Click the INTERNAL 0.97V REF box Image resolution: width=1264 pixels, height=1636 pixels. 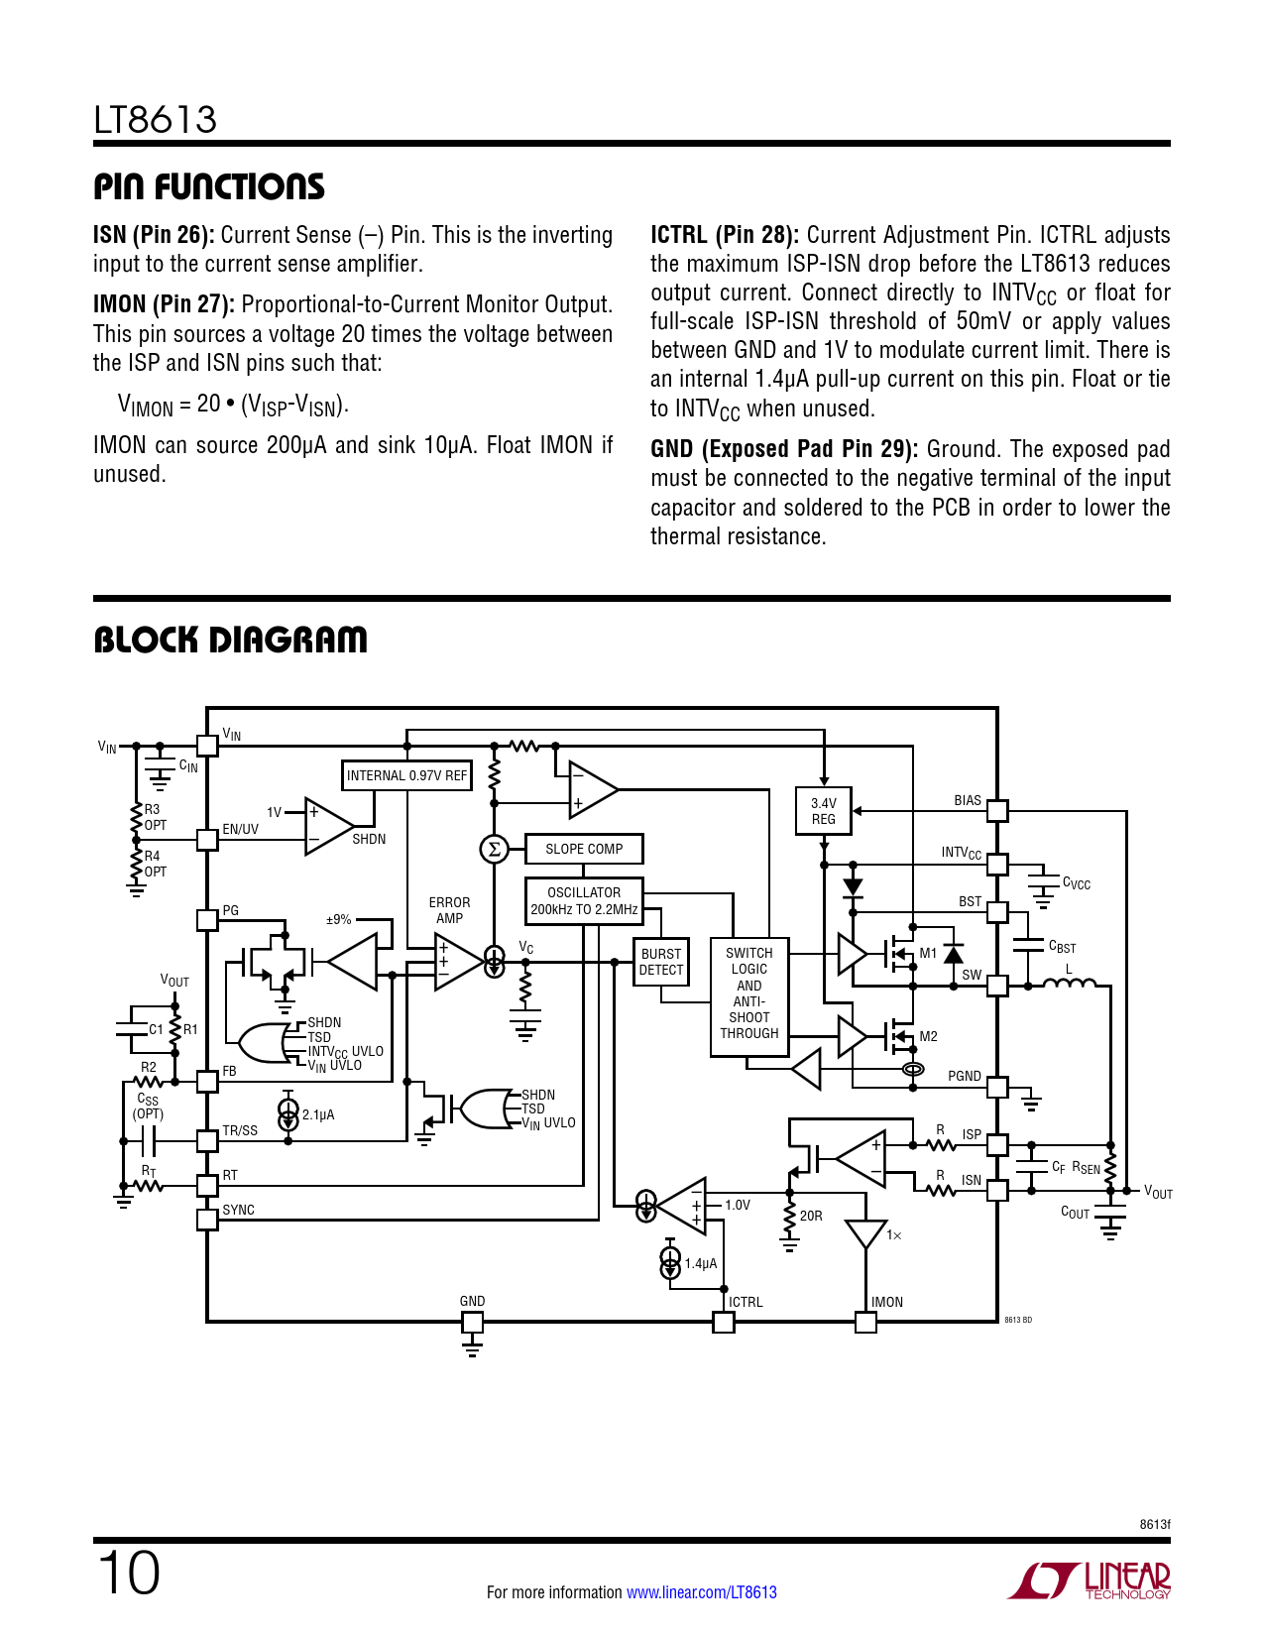(x=406, y=775)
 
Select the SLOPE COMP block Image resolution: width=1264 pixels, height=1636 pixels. (x=584, y=849)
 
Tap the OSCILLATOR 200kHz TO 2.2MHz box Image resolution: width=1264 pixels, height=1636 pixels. (x=584, y=900)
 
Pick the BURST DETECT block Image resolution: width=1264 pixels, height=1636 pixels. (x=661, y=962)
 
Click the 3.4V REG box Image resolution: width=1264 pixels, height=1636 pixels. (x=824, y=811)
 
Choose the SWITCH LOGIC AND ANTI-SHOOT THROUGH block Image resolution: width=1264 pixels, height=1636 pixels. (x=749, y=993)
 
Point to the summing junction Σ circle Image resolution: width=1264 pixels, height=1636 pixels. (x=494, y=849)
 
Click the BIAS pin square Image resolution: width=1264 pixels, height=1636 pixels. (x=997, y=811)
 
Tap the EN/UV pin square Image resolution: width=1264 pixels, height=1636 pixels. (x=207, y=840)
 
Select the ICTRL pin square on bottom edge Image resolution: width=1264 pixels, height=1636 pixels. (x=724, y=1322)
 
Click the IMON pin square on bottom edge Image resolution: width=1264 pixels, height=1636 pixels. (x=865, y=1322)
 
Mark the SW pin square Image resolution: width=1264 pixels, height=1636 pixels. (x=997, y=986)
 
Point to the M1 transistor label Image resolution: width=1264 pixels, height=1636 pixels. (x=928, y=953)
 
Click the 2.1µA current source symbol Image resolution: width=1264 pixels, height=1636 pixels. (x=287, y=1114)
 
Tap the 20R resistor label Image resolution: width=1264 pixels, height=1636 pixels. (x=811, y=1216)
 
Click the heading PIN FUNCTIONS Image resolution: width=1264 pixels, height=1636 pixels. (x=209, y=186)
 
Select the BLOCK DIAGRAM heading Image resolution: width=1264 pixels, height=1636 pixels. (x=230, y=641)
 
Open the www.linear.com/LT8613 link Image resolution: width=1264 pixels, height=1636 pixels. (x=702, y=1592)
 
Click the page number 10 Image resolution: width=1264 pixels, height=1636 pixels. (x=128, y=1574)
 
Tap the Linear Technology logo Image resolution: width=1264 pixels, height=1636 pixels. (x=1090, y=1580)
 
